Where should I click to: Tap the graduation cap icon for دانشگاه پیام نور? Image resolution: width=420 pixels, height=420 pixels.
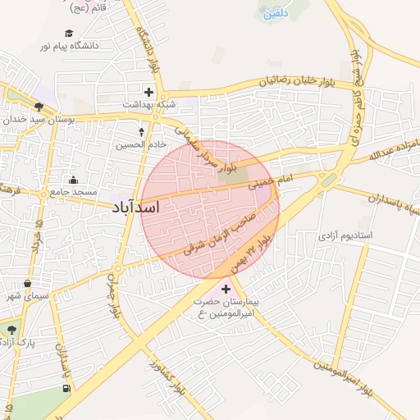coord(69,33)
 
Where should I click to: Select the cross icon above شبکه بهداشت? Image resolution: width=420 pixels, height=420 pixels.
coord(148,92)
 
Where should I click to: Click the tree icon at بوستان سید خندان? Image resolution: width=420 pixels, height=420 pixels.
coord(39,106)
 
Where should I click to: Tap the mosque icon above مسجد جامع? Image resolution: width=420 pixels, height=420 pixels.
coord(74,180)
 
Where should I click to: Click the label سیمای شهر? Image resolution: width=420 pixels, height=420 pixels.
coord(26,294)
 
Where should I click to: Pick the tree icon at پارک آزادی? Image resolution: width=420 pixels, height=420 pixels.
coord(11,330)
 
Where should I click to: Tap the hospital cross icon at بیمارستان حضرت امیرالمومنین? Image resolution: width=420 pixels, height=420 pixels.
coord(226,289)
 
